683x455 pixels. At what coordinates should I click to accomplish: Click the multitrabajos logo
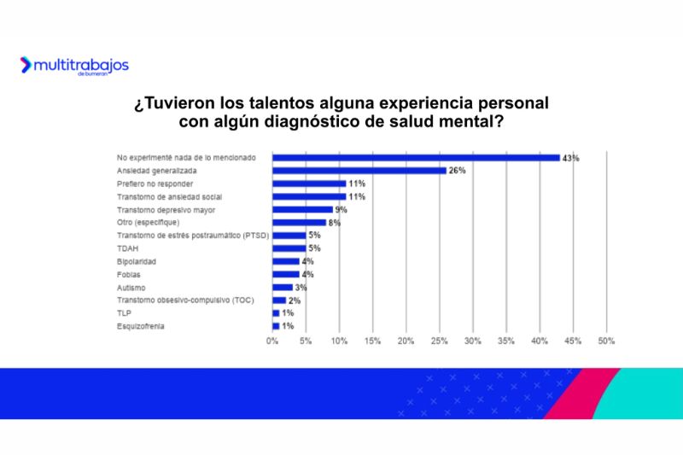(x=74, y=66)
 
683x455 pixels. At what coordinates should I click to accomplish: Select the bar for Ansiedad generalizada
(x=359, y=171)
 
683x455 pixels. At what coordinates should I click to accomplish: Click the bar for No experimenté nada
(x=416, y=158)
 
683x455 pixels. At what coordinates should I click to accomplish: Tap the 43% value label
(x=570, y=158)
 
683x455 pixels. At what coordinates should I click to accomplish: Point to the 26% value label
(x=457, y=171)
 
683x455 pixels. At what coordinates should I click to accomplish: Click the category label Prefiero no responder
(x=155, y=184)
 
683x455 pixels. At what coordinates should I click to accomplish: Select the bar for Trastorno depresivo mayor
(x=302, y=209)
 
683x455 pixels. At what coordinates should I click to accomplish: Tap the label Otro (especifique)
(x=147, y=222)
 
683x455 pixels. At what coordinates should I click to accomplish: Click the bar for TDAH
(x=289, y=248)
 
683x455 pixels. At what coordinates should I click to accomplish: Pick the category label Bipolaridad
(x=136, y=261)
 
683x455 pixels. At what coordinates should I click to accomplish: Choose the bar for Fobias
(x=285, y=274)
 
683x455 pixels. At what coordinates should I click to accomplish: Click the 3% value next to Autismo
(x=301, y=288)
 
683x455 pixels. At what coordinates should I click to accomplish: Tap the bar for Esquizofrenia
(x=276, y=326)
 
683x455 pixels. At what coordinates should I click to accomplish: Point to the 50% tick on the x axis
(x=606, y=341)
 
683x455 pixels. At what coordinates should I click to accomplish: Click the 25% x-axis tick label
(x=439, y=341)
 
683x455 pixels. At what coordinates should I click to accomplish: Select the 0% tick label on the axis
(x=272, y=341)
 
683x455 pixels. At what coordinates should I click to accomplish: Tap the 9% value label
(x=341, y=209)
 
